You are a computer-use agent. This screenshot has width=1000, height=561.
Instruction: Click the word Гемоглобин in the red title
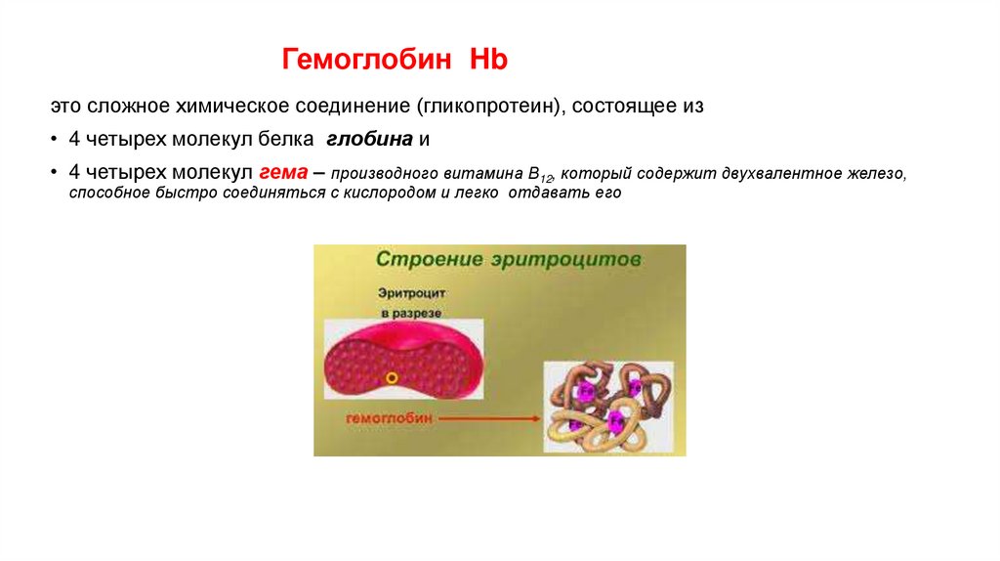(x=367, y=61)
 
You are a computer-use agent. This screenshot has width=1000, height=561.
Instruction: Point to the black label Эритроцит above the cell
(x=410, y=292)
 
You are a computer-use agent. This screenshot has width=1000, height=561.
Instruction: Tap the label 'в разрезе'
(x=411, y=312)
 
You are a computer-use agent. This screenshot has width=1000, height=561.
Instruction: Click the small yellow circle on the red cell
(x=392, y=376)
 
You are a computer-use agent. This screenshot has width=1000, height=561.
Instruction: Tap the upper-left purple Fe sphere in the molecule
(x=587, y=389)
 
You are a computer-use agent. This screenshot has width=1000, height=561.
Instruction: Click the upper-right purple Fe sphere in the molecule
(x=636, y=388)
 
